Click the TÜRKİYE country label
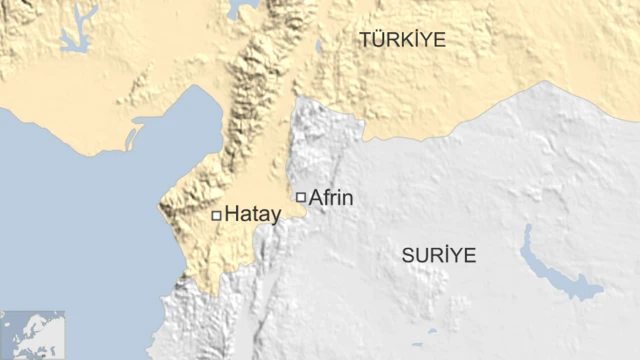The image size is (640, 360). click(403, 40)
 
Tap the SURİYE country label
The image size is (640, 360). click(439, 255)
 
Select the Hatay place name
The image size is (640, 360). click(252, 213)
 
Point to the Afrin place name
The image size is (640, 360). click(331, 198)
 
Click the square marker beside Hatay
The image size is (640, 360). click(216, 214)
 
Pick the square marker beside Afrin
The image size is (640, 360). click(300, 197)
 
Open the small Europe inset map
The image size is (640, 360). click(32, 334)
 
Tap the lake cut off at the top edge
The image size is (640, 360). click(241, 9)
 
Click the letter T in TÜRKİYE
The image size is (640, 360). click(366, 40)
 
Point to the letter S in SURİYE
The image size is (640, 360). click(408, 255)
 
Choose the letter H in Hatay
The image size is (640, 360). click(233, 213)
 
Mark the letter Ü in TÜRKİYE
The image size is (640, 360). click(380, 39)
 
